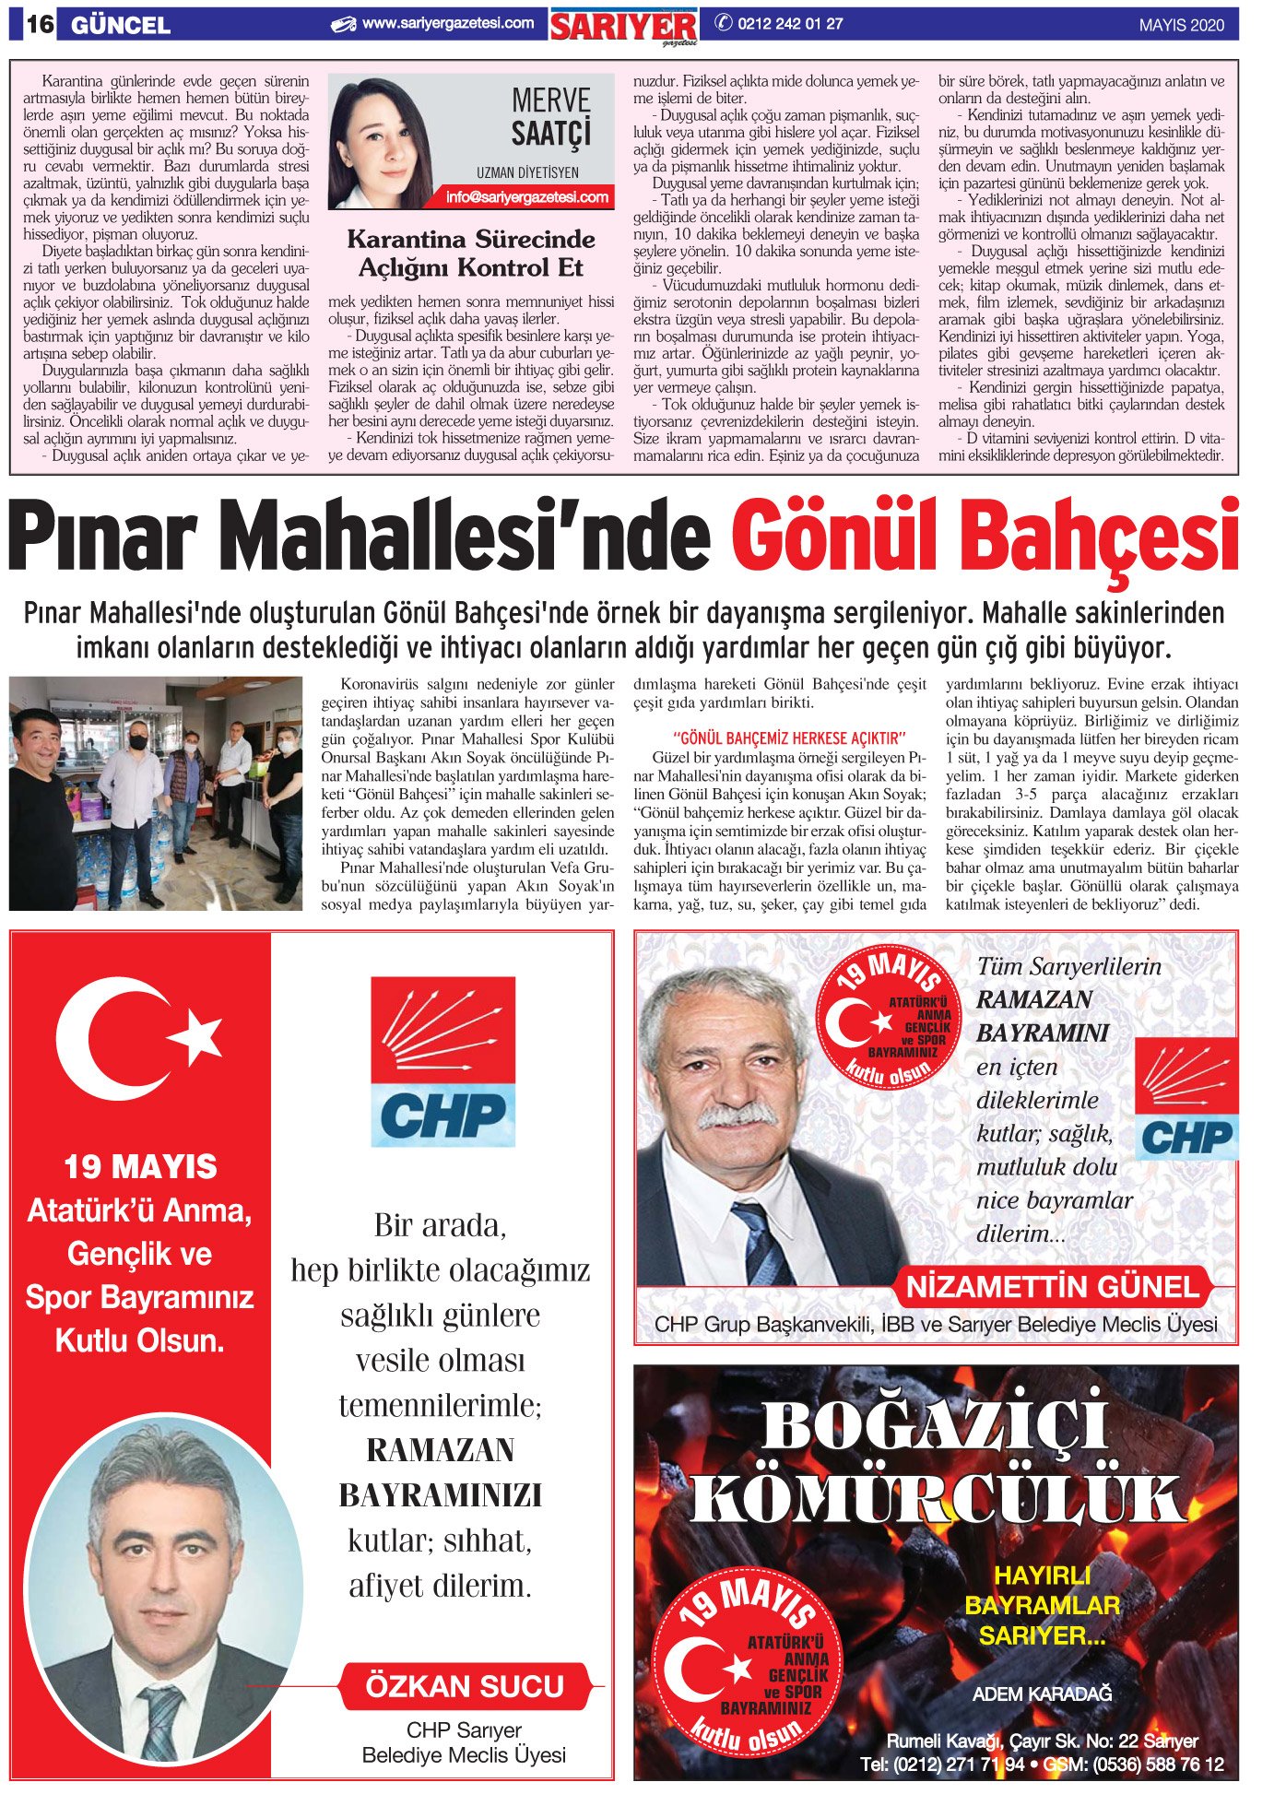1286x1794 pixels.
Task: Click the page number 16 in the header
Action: [x=39, y=25]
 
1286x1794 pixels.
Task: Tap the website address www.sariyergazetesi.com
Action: [x=447, y=24]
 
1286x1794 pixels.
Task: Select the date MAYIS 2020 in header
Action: [x=1181, y=26]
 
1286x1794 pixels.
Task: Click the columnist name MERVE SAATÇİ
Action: [x=550, y=116]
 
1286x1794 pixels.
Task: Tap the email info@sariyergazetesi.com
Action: [x=527, y=196]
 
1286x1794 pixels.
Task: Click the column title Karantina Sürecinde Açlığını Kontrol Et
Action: [x=471, y=254]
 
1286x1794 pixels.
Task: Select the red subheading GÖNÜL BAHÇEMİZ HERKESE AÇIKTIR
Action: [x=790, y=738]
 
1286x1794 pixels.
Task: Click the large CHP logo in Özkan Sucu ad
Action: [x=442, y=1061]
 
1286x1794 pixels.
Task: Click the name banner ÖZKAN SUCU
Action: [x=465, y=1686]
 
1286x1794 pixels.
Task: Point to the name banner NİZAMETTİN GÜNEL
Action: [x=1052, y=1287]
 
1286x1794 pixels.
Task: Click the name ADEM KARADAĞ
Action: [x=1042, y=1694]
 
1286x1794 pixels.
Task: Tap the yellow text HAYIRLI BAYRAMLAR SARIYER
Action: [x=1042, y=1605]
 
